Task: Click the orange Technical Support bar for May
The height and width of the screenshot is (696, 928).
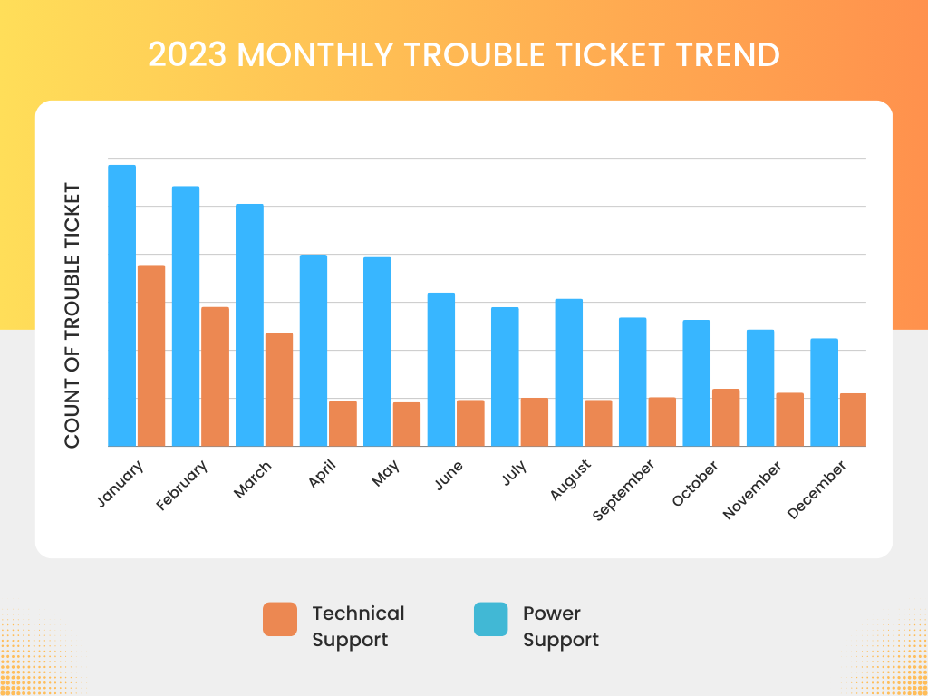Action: pyautogui.click(x=407, y=424)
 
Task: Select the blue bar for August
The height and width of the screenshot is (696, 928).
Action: pyautogui.click(x=568, y=372)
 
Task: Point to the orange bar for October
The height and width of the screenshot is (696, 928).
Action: pyautogui.click(x=726, y=417)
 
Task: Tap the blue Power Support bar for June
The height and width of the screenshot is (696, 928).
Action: pyautogui.click(x=441, y=369)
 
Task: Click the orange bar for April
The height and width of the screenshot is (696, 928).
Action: pyautogui.click(x=343, y=423)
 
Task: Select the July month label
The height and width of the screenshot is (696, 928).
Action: pyautogui.click(x=516, y=474)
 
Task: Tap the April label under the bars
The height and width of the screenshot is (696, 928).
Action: pyautogui.click(x=323, y=475)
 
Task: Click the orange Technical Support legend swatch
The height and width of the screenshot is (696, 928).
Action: pyautogui.click(x=280, y=619)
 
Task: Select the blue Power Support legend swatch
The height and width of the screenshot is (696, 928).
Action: pyautogui.click(x=491, y=619)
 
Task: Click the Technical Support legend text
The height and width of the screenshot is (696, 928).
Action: pyautogui.click(x=358, y=626)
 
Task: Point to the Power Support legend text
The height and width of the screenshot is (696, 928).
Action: pyautogui.click(x=561, y=626)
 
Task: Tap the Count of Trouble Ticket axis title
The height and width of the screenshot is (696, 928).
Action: pyautogui.click(x=72, y=315)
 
